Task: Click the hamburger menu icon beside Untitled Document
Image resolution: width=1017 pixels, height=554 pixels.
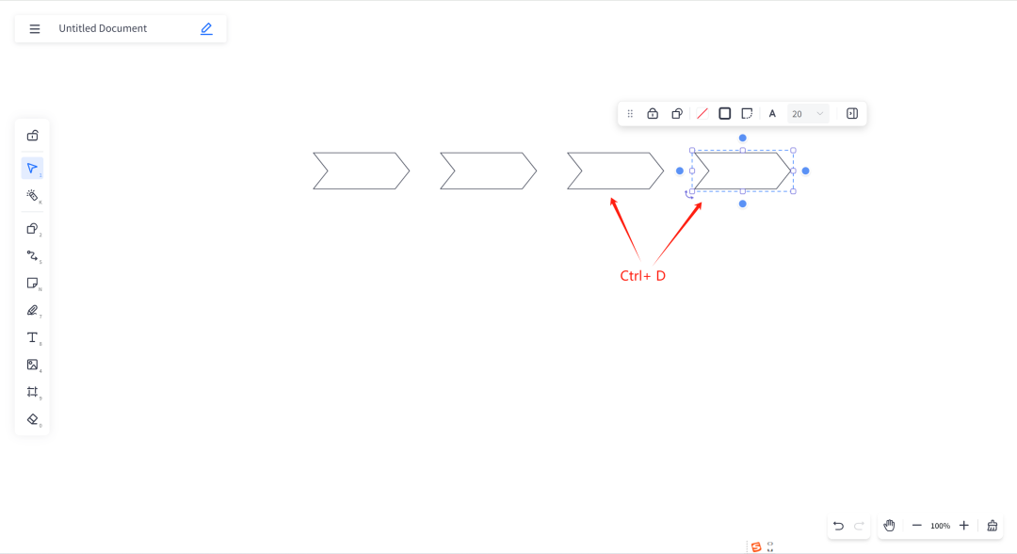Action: click(35, 29)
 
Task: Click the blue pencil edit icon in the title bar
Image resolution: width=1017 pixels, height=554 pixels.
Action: click(206, 29)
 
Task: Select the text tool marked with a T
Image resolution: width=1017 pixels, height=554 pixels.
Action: click(32, 337)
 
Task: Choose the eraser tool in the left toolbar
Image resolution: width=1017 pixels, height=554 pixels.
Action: click(32, 419)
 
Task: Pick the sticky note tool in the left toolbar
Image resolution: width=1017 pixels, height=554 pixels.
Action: click(32, 283)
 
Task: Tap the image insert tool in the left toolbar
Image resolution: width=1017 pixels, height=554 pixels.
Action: click(32, 365)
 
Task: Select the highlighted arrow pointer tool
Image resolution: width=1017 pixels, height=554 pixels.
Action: click(32, 169)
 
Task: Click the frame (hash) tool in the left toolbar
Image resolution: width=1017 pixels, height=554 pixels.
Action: click(32, 392)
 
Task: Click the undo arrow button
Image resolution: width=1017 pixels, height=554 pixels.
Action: click(838, 526)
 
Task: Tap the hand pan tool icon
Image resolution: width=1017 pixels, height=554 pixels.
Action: click(889, 526)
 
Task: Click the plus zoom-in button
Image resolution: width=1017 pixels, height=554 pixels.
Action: click(963, 526)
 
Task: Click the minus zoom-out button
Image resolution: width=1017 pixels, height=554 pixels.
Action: click(916, 526)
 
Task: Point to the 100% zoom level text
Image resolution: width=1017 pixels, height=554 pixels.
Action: click(940, 526)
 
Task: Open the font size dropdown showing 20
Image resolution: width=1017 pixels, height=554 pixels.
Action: click(808, 114)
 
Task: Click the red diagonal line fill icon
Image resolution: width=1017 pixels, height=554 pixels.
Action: click(702, 114)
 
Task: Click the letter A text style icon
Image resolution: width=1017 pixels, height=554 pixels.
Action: click(772, 114)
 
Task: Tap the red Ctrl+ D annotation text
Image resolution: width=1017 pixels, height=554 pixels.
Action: click(642, 276)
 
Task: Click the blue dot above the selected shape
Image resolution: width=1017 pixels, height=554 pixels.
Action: click(742, 138)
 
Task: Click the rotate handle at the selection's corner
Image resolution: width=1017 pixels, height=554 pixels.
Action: click(688, 195)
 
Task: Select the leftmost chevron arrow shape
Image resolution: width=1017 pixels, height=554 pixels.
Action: click(361, 171)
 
